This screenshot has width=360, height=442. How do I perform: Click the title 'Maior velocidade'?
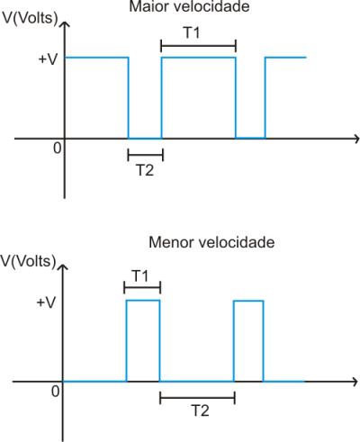(189, 6)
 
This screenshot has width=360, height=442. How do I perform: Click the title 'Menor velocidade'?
(211, 242)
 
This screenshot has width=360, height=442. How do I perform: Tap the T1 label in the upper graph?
(192, 32)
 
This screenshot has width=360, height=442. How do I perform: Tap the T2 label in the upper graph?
(145, 170)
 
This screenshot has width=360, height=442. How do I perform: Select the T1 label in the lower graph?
(140, 275)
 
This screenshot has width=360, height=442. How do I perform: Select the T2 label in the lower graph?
(200, 410)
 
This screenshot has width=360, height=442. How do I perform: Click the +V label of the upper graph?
(48, 59)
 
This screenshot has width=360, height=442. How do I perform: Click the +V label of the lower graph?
(46, 302)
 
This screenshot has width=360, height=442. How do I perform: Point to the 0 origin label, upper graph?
(57, 148)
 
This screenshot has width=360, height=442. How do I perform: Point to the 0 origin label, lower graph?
(55, 392)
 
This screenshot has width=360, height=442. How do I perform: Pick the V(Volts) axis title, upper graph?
(30, 18)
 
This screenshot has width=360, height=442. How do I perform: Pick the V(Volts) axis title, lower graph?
(28, 261)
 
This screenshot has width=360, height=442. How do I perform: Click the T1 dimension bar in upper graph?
(199, 46)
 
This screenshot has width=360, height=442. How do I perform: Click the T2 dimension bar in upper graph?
(146, 155)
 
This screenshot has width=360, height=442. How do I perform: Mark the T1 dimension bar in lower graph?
(142, 287)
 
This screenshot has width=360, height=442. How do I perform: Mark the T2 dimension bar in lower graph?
(197, 398)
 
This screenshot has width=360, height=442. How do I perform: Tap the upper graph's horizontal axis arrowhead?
(356, 139)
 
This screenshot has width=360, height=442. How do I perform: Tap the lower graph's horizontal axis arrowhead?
(355, 382)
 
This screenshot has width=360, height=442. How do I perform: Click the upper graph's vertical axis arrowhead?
(64, 24)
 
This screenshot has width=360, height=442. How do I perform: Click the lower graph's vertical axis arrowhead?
(62, 267)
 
